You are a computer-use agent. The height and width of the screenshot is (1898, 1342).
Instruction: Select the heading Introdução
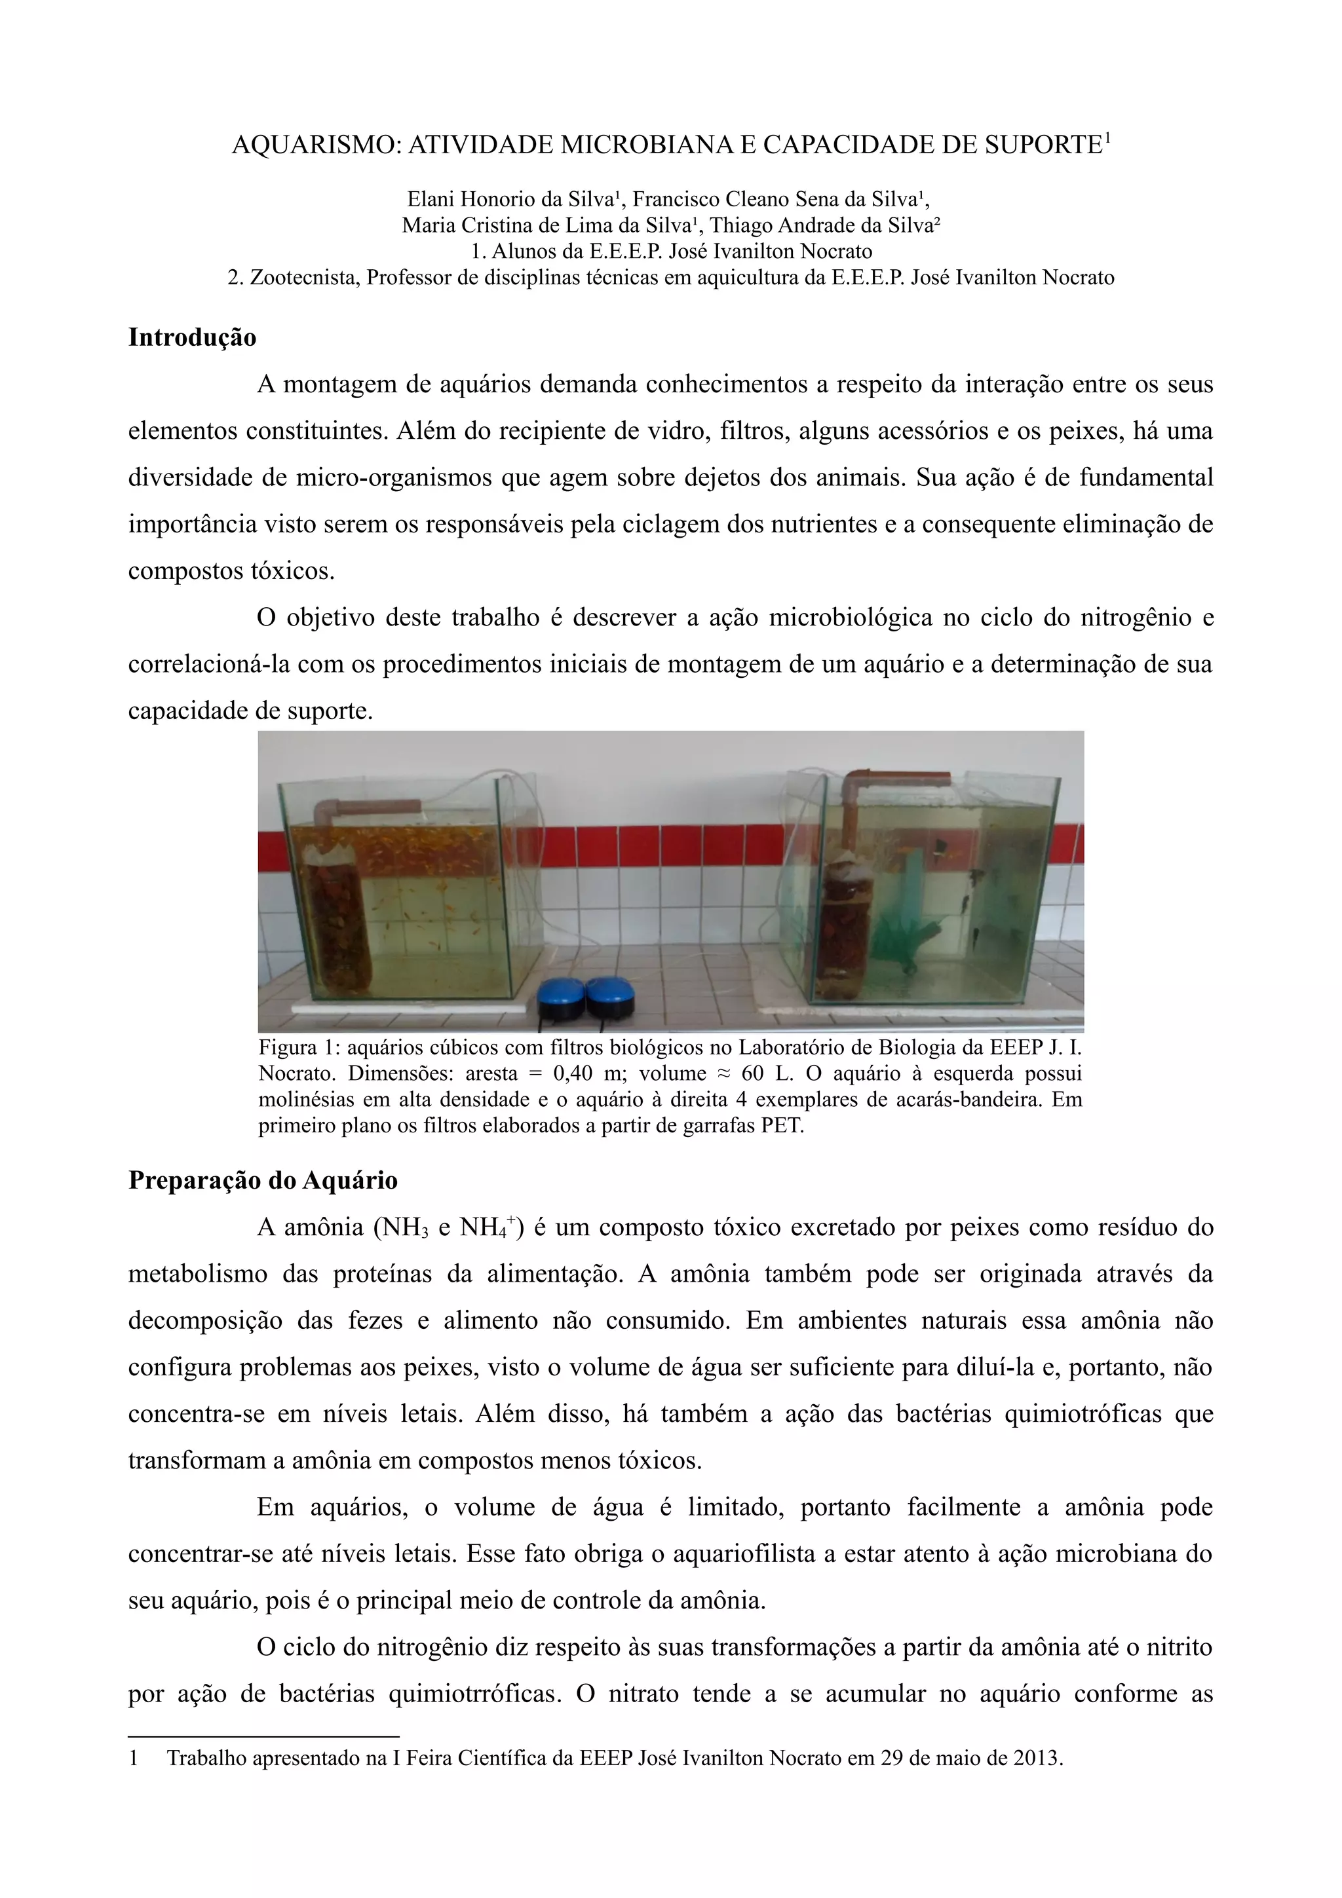coord(192,337)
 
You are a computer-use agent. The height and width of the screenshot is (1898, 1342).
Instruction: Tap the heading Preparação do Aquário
coord(263,1180)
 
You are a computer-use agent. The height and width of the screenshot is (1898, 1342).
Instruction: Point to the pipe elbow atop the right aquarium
coord(856,781)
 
